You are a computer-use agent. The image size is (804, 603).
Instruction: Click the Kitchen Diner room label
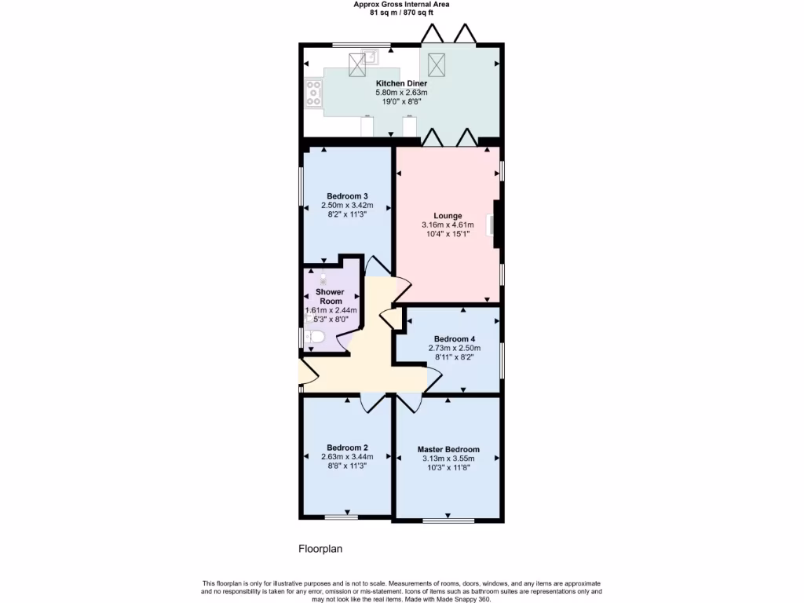point(401,83)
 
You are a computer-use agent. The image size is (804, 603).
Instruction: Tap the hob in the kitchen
point(313,93)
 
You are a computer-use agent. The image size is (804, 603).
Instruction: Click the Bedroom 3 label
point(347,196)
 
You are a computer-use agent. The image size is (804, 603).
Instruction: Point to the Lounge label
point(448,216)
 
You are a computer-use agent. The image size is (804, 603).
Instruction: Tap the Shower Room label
point(330,296)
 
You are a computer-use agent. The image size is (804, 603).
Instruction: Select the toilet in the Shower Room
point(315,338)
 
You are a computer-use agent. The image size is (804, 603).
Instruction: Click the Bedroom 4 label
point(454,339)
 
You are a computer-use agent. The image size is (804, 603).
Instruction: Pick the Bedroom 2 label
point(347,448)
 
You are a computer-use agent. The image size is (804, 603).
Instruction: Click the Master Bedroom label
point(448,450)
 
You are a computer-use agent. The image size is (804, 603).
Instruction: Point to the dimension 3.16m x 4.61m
point(448,225)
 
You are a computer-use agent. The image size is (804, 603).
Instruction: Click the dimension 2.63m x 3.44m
point(347,457)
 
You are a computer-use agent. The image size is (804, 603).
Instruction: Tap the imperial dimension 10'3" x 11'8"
point(448,469)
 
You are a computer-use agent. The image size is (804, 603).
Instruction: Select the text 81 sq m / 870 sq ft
point(401,13)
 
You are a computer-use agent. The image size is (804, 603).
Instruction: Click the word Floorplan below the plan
point(320,549)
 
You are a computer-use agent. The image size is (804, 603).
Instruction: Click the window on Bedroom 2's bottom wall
point(342,517)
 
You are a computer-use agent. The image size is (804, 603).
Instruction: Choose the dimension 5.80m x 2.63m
point(401,93)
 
